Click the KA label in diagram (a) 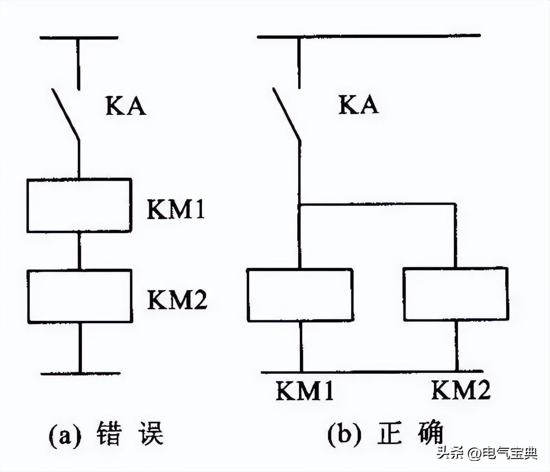tap(125, 106)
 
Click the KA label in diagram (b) tap(358, 105)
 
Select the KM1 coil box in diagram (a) tap(79, 205)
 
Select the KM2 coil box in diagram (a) tap(80, 296)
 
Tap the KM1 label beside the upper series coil tap(176, 209)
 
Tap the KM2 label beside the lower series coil tap(177, 299)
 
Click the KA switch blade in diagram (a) tap(66, 114)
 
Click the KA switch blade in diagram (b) tap(286, 114)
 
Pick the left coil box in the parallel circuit tap(300, 295)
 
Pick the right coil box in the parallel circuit tap(455, 294)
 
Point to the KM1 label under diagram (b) tap(304, 391)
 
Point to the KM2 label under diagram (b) tap(461, 390)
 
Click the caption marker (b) tap(344, 434)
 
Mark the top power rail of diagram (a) tap(79, 38)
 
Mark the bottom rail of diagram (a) tap(80, 374)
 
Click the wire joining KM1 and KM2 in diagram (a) tap(79, 251)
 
